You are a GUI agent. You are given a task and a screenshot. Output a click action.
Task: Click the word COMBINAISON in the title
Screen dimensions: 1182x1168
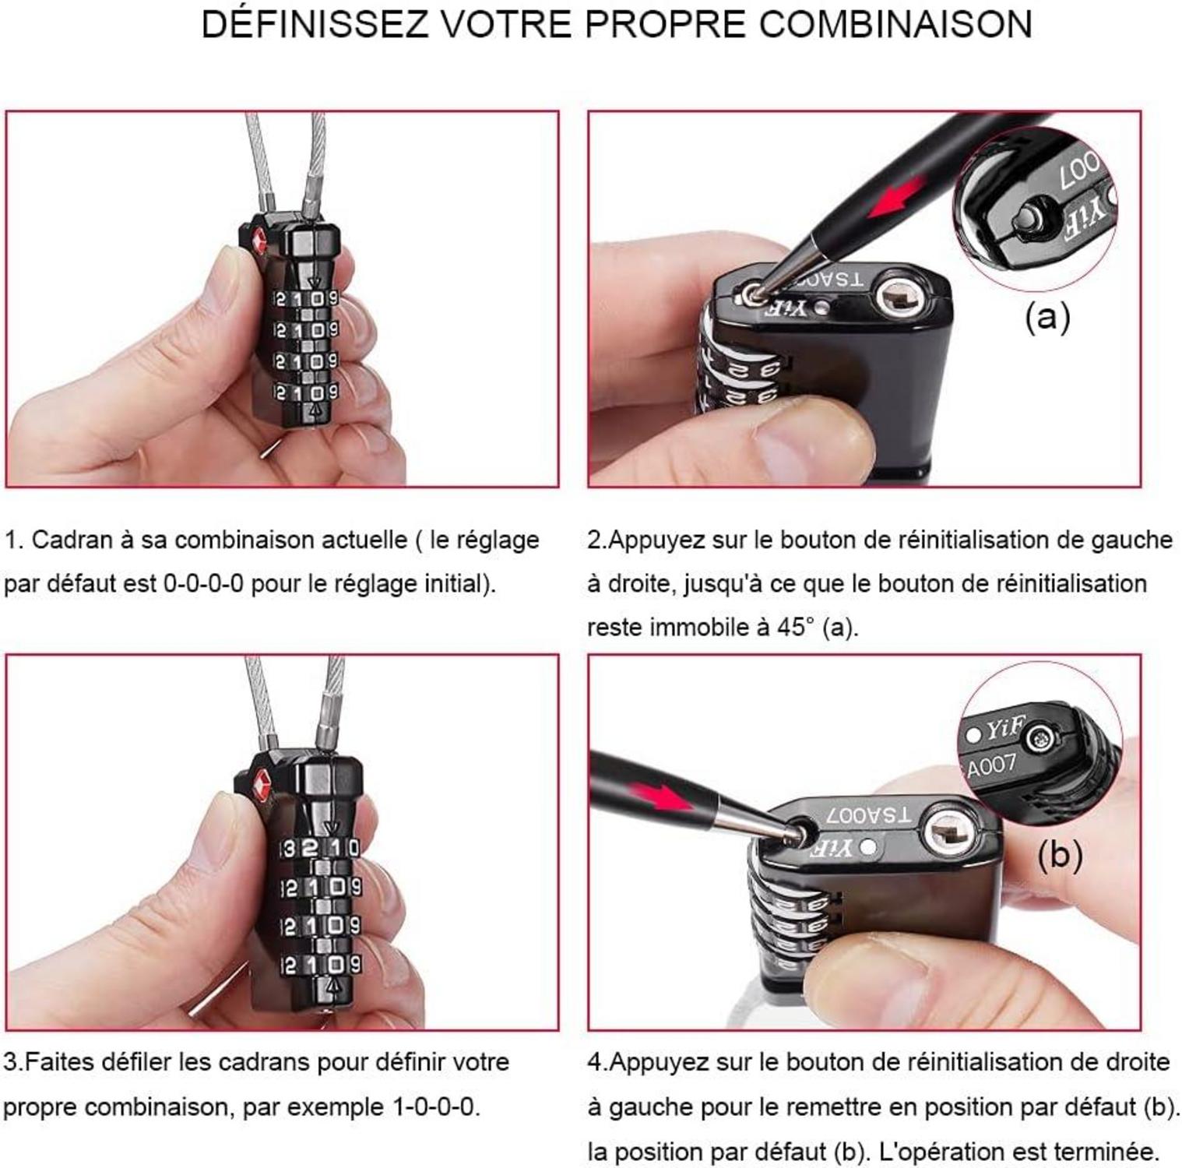tap(895, 24)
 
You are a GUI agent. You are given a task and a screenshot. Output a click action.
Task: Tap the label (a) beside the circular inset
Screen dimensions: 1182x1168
tap(1047, 317)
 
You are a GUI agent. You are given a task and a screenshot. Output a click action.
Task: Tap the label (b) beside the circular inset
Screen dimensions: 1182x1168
tap(1060, 855)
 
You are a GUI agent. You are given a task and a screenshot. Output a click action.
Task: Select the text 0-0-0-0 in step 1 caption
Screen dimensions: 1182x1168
tap(204, 583)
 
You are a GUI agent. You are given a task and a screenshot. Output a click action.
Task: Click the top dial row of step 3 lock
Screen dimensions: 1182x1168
tap(321, 848)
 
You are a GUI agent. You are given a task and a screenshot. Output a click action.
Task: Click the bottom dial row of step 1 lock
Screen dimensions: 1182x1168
tap(306, 392)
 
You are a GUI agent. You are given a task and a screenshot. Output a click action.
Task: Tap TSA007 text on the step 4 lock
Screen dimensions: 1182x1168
tap(867, 815)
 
